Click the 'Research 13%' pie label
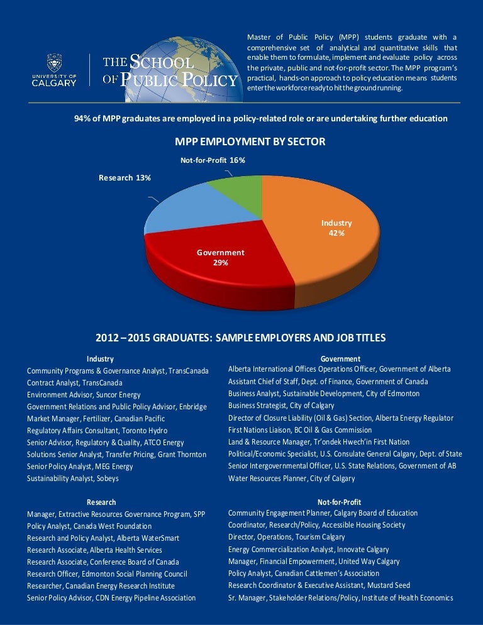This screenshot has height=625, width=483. click(x=125, y=178)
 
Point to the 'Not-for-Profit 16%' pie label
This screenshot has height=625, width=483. click(x=213, y=160)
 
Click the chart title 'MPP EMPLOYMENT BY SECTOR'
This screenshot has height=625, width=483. click(x=241, y=141)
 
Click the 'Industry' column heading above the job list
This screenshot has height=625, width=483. click(x=100, y=358)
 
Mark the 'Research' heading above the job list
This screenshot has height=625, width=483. click(x=101, y=502)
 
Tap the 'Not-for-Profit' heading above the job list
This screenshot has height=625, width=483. click(x=340, y=502)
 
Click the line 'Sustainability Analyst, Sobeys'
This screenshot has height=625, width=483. click(x=72, y=478)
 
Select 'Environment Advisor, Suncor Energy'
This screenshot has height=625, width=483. click(x=83, y=394)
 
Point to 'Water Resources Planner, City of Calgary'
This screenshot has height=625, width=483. click(x=291, y=478)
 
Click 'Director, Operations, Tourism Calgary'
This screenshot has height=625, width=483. click(x=286, y=537)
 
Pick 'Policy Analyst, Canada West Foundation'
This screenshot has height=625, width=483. click(x=89, y=526)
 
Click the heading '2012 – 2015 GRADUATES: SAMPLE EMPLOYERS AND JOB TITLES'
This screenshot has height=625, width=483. click(x=241, y=338)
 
